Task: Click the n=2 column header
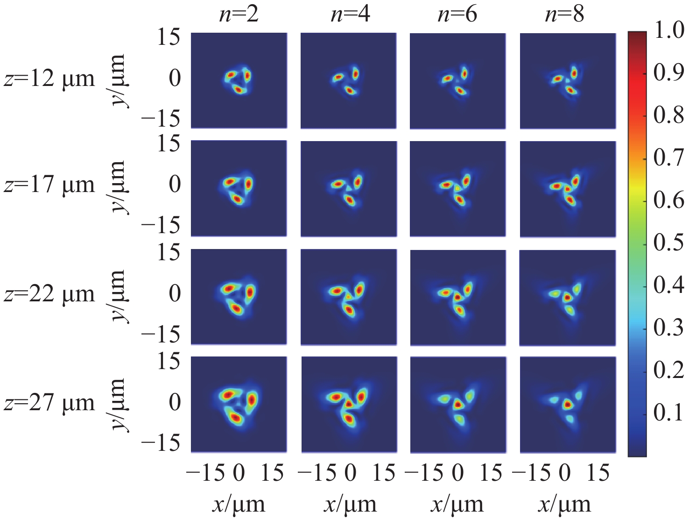[x=239, y=14]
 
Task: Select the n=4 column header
[x=350, y=14]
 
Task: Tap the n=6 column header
[x=457, y=14]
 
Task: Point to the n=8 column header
[x=564, y=14]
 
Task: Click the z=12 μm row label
[x=49, y=78]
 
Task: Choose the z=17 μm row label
[x=49, y=185]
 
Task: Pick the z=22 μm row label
[x=49, y=294]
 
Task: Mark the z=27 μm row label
[x=49, y=402]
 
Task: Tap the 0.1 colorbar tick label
[x=669, y=413]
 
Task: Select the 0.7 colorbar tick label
[x=669, y=158]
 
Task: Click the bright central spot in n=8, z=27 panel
[x=567, y=405]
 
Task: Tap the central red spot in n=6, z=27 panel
[x=458, y=405]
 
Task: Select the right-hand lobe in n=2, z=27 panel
[x=252, y=400]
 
